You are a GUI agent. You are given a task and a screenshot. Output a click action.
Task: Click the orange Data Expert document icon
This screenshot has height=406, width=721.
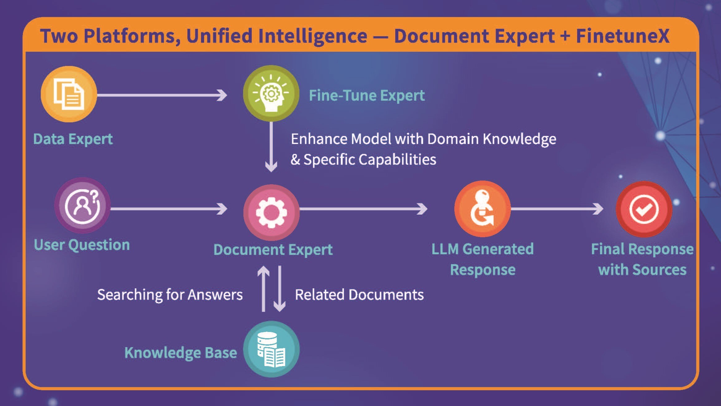pos(69,94)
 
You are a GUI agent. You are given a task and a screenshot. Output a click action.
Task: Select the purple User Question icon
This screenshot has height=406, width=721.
pos(82,206)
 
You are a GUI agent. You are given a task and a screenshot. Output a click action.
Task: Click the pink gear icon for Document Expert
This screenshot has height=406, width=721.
pos(271,212)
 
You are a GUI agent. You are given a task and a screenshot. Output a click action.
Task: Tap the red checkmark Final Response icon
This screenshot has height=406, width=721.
pos(644,209)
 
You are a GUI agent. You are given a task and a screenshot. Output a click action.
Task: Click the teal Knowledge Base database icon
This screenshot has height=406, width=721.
pos(271,349)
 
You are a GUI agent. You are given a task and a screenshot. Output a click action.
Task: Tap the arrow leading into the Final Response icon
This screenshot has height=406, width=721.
pos(557,209)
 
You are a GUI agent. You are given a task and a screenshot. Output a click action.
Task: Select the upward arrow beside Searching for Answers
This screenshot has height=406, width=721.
pos(264,288)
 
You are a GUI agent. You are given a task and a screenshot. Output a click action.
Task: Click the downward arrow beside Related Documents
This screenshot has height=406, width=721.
pos(280,288)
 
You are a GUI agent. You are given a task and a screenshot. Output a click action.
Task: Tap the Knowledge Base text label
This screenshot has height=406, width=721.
pos(181,353)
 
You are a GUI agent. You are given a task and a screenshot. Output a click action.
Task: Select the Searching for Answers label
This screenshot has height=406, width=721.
pos(170,295)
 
